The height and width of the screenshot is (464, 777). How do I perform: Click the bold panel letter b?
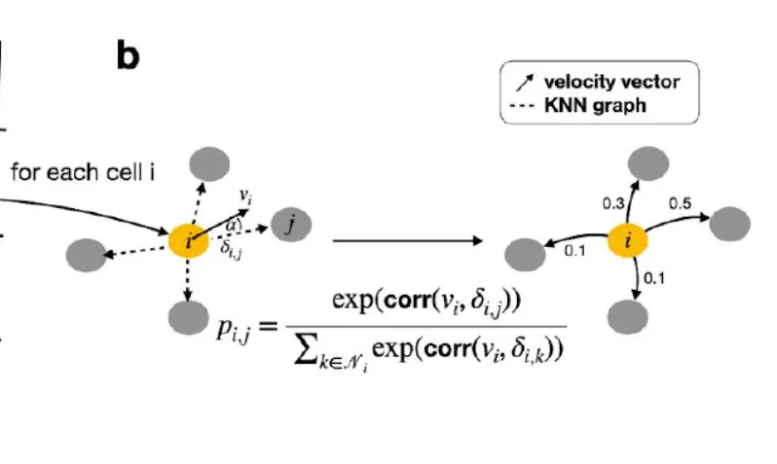coord(128,55)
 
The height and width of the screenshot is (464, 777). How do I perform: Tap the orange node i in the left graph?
coord(189,240)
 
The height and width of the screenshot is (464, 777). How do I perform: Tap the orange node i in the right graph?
coord(629,240)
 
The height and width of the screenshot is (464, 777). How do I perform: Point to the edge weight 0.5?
coord(680,203)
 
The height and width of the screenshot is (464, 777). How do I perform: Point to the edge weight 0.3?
coord(613,202)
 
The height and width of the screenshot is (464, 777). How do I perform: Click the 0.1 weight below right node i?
coord(654,279)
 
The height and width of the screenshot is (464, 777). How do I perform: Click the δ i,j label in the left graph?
coord(231,252)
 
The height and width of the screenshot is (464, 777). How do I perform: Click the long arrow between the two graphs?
coord(409,239)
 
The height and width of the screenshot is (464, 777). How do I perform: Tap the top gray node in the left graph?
coord(207,161)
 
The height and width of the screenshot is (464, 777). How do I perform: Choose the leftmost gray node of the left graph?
coord(85,255)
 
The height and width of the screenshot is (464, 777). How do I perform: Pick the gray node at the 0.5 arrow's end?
coord(730,224)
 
